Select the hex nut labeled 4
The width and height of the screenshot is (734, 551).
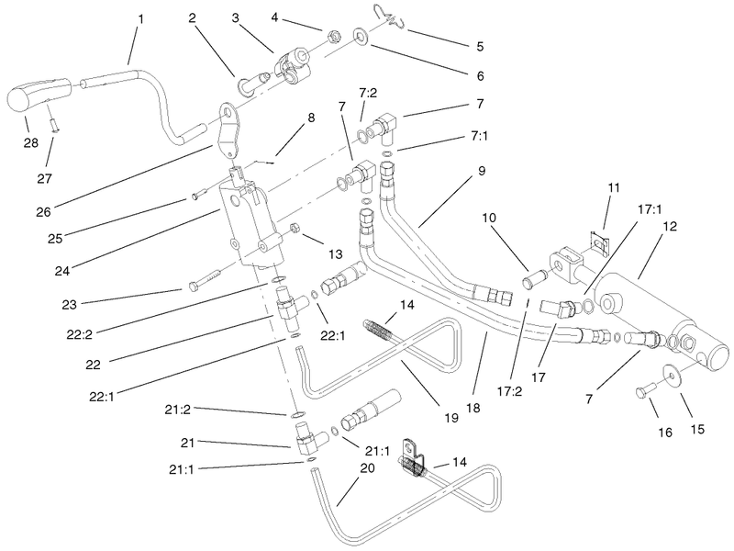pyautogui.click(x=334, y=35)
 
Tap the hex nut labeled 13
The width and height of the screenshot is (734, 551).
pyautogui.click(x=295, y=228)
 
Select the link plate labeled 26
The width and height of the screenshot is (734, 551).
pyautogui.click(x=229, y=130)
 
